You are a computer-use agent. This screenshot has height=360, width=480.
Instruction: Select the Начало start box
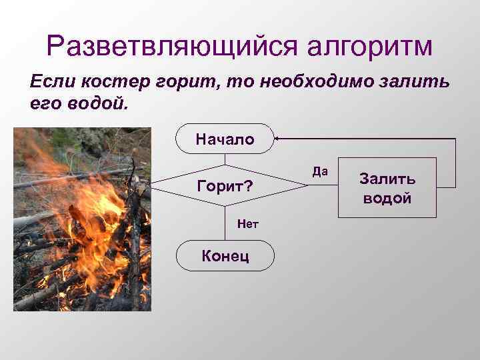(x=225, y=139)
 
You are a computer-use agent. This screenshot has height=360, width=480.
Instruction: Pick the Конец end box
(x=225, y=255)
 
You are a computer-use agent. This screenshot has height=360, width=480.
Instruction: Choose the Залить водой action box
(x=387, y=188)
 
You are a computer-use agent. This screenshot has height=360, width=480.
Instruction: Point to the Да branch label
(x=320, y=172)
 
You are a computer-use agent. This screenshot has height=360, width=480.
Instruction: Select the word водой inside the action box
(x=387, y=198)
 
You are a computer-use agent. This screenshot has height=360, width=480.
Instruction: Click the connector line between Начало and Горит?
(x=225, y=159)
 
